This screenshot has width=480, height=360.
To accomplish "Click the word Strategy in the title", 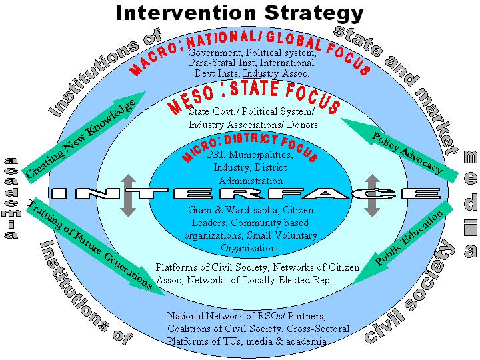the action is [314, 14].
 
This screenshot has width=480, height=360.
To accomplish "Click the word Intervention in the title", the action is [186, 13].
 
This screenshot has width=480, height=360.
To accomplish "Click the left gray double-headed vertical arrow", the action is [128, 195].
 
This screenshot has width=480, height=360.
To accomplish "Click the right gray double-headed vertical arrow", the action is [372, 195].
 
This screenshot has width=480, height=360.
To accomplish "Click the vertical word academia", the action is [11, 198].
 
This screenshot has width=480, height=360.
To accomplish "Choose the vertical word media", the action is [471, 203].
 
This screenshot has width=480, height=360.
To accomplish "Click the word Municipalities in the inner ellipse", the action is [261, 155].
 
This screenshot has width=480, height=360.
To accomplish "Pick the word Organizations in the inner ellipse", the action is [251, 248].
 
